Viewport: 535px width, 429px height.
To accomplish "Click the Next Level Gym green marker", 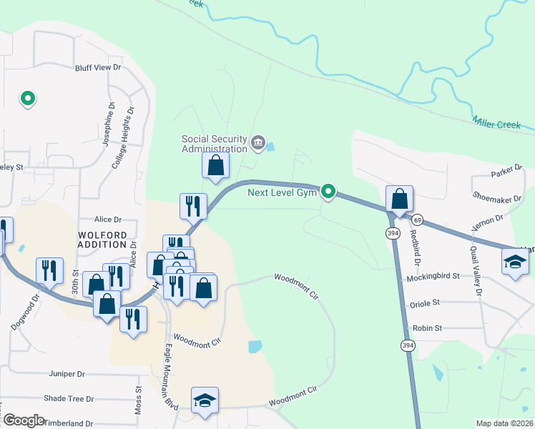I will pyautogui.click(x=328, y=191).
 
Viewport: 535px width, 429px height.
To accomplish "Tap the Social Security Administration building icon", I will pyautogui.click(x=258, y=144).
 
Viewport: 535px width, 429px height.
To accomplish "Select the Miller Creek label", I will pyautogui.click(x=496, y=124).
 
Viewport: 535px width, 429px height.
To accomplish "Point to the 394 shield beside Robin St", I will pyautogui.click(x=407, y=345).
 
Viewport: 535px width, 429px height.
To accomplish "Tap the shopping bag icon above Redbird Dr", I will pyautogui.click(x=399, y=199).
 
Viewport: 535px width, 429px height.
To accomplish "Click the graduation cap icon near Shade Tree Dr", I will pyautogui.click(x=205, y=400).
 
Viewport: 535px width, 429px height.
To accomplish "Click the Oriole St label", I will pyautogui.click(x=425, y=304).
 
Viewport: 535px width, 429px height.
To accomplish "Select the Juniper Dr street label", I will pyautogui.click(x=67, y=373).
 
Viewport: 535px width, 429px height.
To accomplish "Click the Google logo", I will pyautogui.click(x=23, y=420).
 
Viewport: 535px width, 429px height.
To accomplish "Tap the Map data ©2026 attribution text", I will pyautogui.click(x=504, y=423).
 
